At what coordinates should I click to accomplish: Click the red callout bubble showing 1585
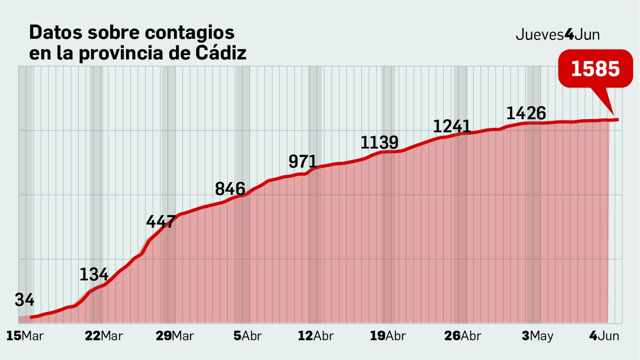[595, 69]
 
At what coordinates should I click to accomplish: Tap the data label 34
[25, 300]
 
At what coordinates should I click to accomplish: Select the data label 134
[94, 274]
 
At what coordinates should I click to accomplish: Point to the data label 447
[161, 222]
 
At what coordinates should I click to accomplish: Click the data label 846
[230, 189]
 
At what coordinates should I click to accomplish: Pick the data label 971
[303, 162]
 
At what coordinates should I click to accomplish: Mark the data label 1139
[379, 142]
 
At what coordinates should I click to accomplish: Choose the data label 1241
[452, 126]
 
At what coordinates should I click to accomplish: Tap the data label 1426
[526, 113]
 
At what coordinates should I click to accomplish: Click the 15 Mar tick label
[25, 336]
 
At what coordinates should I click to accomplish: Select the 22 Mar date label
[104, 336]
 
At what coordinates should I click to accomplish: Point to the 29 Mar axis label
[174, 336]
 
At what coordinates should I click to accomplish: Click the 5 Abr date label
[247, 336]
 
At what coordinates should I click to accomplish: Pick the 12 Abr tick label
[315, 336]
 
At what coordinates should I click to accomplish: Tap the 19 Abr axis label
[387, 336]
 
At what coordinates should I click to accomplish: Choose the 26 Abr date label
[462, 336]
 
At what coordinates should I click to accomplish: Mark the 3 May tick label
[537, 336]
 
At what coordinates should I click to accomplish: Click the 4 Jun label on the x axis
[604, 336]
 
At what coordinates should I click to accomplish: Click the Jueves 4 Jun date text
[558, 35]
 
